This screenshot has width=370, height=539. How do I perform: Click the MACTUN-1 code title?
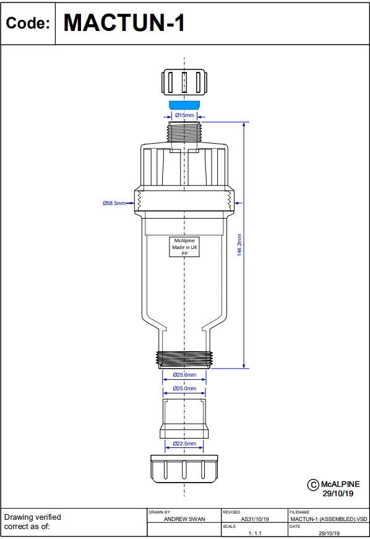point(124,23)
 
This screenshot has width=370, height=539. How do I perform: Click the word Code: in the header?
point(27,24)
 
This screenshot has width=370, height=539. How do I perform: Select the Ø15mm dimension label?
point(184,115)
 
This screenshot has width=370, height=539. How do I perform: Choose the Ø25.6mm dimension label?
point(184,375)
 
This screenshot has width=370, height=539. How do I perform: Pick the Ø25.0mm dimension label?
point(184,388)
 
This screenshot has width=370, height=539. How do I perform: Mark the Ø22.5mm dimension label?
point(184,444)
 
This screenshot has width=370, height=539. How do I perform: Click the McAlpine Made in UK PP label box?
point(184,247)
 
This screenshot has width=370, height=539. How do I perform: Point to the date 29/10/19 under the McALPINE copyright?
point(338,494)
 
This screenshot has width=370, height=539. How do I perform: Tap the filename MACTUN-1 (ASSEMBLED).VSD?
point(329,519)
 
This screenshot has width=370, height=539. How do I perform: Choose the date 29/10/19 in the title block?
point(328,533)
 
